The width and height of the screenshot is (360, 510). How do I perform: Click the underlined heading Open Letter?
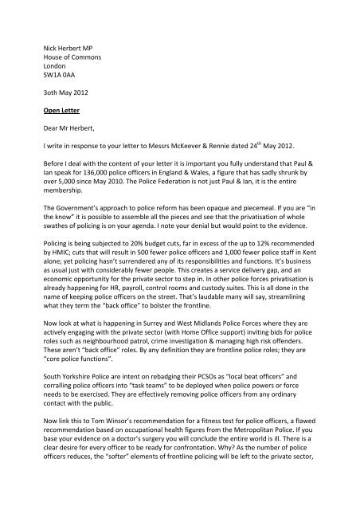pos(65,112)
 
